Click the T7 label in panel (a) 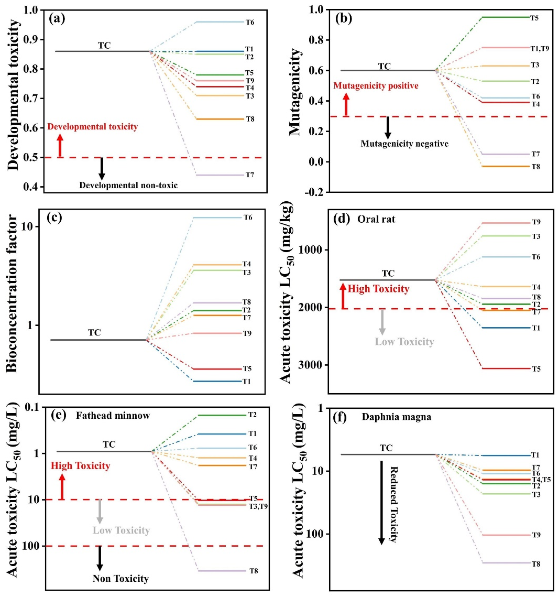tap(250, 175)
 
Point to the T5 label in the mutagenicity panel tap(534, 18)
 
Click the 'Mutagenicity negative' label tap(404, 144)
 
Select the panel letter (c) tap(57, 219)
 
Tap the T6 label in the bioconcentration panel tap(248, 218)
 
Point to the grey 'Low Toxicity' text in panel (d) tap(404, 342)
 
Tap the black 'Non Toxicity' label tap(120, 579)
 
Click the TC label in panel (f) tap(386, 448)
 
